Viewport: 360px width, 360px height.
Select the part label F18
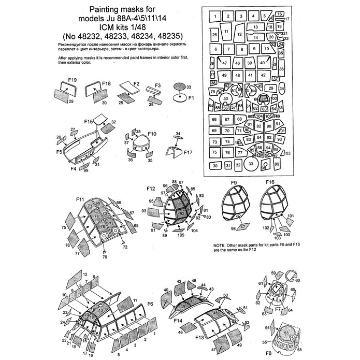[x=106, y=83]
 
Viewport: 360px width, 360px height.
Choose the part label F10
[x=152, y=134]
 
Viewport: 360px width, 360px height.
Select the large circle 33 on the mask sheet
[x=251, y=164]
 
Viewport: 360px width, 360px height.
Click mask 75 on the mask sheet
[x=214, y=152]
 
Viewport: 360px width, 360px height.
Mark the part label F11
[x=80, y=199]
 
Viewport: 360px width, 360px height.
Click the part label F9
[x=234, y=182]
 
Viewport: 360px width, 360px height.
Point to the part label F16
[x=270, y=182]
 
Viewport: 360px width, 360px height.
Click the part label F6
[x=150, y=304]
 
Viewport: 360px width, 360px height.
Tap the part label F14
[x=178, y=321]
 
